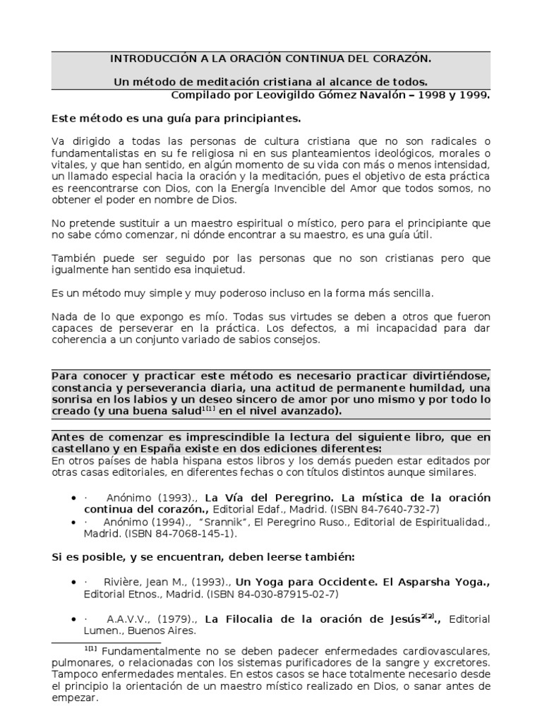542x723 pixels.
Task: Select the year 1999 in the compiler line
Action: (x=472, y=95)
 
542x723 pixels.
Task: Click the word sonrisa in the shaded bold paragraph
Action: (x=72, y=398)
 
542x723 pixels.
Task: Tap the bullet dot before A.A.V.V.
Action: (x=73, y=619)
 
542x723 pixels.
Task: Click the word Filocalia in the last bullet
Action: (x=258, y=619)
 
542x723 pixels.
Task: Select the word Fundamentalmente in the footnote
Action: (x=147, y=650)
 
